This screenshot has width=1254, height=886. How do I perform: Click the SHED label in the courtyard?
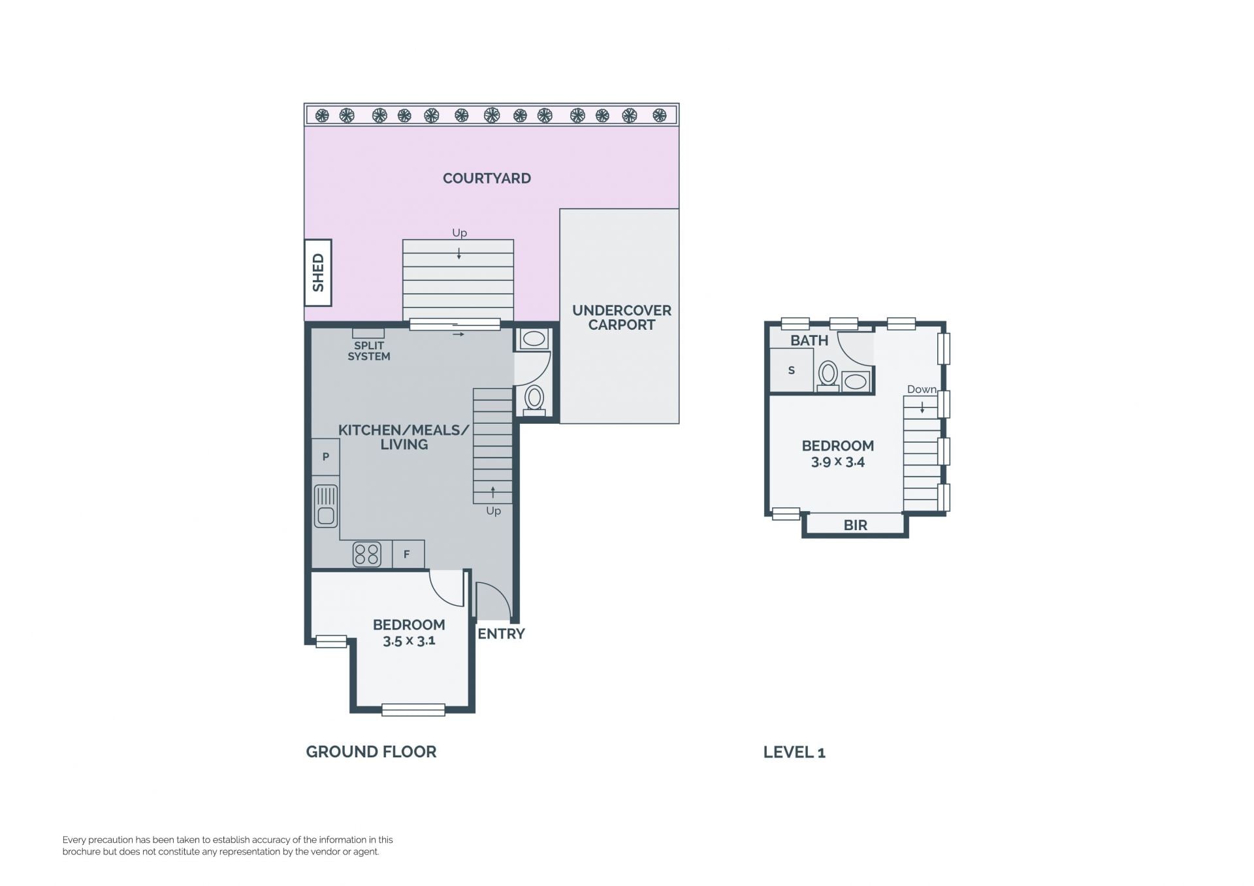coord(318,273)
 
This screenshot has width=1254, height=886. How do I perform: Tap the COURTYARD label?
coord(487,178)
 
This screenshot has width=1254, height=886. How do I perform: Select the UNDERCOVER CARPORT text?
coord(622,317)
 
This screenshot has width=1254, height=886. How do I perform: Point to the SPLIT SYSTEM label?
coord(369,351)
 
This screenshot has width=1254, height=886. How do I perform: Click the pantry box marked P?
coord(325,457)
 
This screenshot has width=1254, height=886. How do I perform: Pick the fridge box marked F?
coord(408,554)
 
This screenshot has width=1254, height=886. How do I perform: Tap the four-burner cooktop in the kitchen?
coord(366,554)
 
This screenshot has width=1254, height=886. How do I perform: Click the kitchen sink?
coord(326,506)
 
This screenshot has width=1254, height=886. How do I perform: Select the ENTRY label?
coord(501,634)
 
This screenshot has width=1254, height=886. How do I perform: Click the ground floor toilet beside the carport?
coord(534,400)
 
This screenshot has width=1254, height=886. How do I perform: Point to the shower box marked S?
coord(792,370)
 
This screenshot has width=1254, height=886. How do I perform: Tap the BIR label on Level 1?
coord(856,526)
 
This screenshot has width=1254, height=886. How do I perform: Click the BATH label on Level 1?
coord(809,341)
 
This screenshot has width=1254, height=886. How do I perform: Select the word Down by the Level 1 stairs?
coord(922,389)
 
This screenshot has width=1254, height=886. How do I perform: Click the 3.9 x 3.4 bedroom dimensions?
coord(838,462)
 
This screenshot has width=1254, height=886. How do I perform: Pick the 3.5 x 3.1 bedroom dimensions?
coord(409,641)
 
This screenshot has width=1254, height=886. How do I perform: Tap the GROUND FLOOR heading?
coord(371,752)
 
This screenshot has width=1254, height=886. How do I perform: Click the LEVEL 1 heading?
coord(794,752)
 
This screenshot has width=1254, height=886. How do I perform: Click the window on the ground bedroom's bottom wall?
coord(413,710)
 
